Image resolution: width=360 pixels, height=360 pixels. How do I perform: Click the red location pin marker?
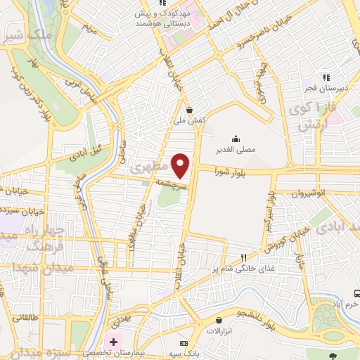[181, 165]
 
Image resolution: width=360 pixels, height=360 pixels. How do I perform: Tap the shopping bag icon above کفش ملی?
[190, 109]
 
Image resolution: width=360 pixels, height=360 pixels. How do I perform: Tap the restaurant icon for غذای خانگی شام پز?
[243, 258]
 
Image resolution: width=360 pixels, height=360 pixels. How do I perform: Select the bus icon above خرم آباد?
[357, 293]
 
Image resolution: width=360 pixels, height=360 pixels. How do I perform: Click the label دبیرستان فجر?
[325, 89]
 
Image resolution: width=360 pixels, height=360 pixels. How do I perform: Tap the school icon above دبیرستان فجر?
[325, 77]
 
